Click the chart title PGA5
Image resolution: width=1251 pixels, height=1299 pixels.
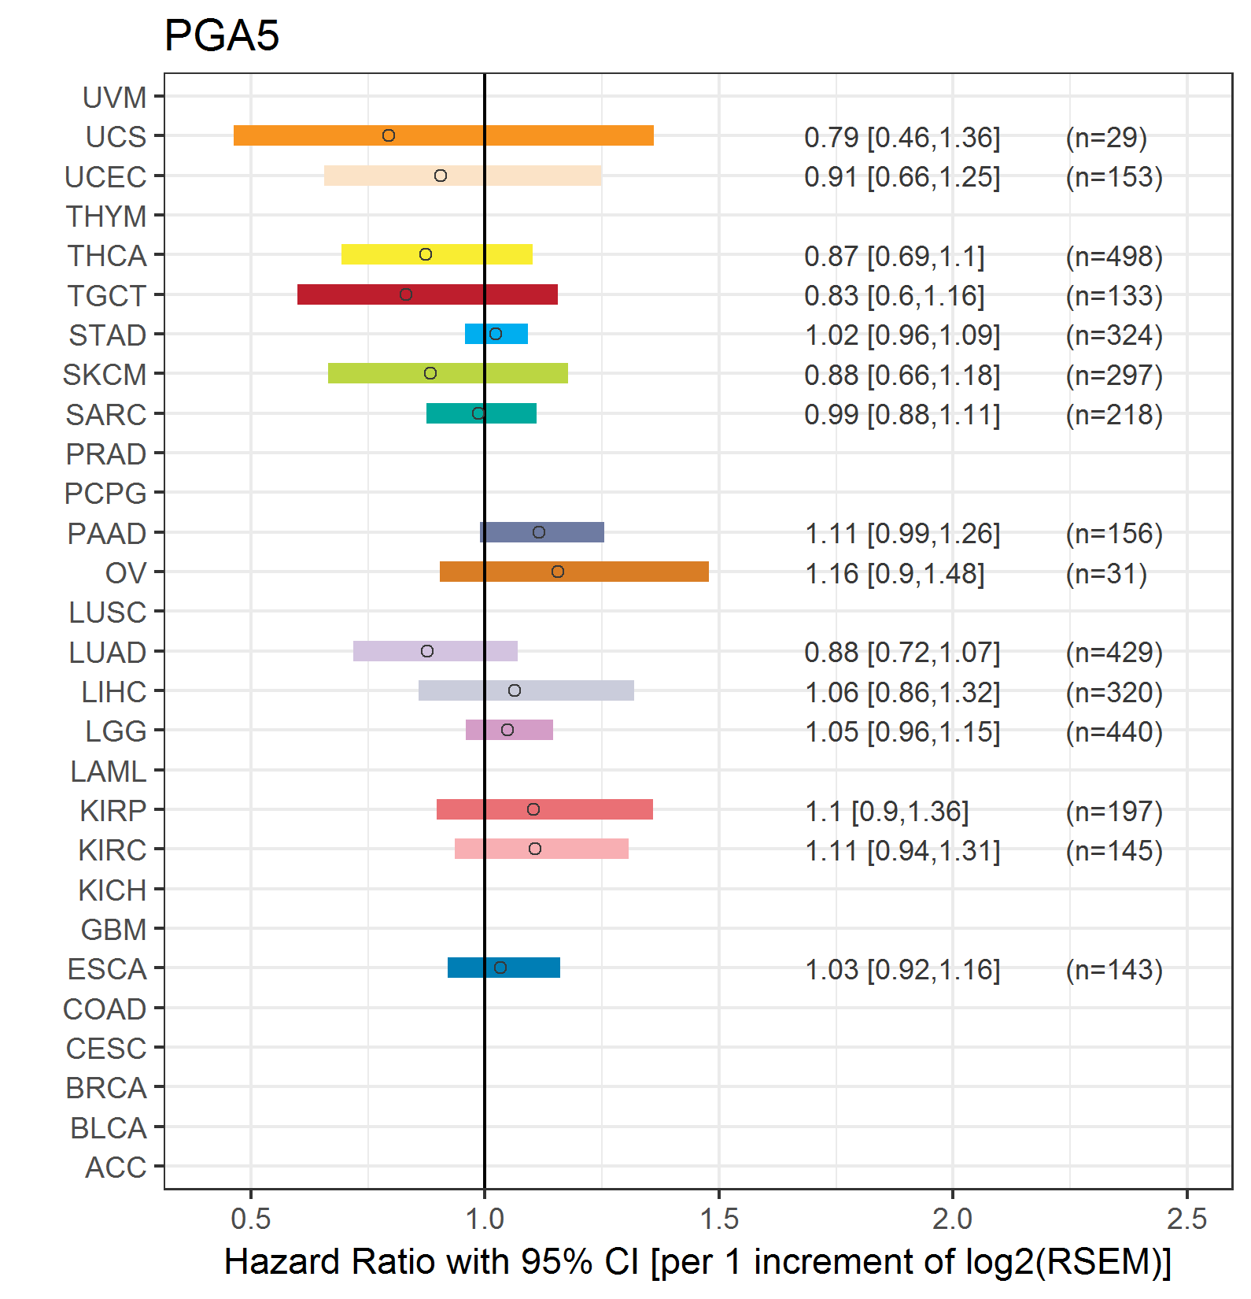click(x=222, y=35)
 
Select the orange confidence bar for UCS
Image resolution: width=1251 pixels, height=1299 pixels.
click(x=444, y=135)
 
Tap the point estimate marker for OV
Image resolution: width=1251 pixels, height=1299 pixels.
click(x=558, y=572)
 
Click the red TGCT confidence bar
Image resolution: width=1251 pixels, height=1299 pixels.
click(x=427, y=294)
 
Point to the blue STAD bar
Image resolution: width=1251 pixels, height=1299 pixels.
click(x=496, y=334)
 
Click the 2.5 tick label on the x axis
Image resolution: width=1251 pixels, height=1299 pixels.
click(x=1186, y=1219)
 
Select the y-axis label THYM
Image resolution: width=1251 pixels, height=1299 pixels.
click(x=106, y=216)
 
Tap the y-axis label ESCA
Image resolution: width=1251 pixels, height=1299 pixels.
click(x=107, y=969)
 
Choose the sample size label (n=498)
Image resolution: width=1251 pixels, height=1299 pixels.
click(x=1114, y=257)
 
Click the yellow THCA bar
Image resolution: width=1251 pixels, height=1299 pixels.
click(x=437, y=254)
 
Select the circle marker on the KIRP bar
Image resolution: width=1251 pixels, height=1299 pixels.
click(x=533, y=809)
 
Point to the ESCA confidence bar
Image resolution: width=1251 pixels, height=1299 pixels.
click(x=504, y=968)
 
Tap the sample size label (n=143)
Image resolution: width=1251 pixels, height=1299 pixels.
click(x=1114, y=970)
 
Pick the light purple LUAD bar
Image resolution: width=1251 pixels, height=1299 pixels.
click(x=435, y=651)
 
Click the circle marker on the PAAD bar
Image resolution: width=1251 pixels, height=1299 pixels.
click(x=539, y=532)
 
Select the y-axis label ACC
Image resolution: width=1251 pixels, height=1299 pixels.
click(x=116, y=1168)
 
